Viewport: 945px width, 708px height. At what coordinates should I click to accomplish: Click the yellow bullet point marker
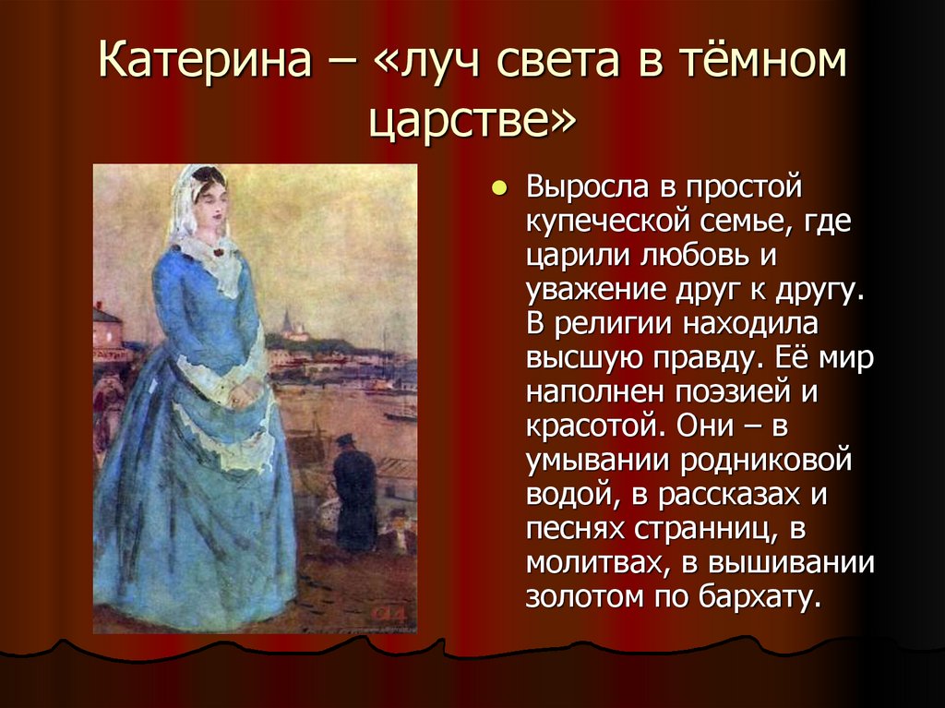(x=499, y=188)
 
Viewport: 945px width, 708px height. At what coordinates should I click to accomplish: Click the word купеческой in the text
(x=610, y=222)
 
